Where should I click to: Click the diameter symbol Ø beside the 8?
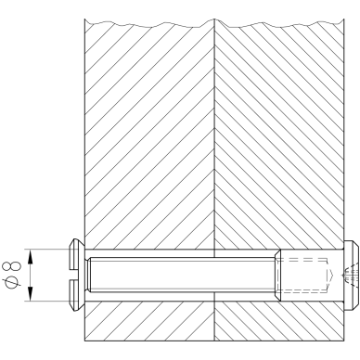click(x=11, y=283)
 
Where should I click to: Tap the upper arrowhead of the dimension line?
click(x=30, y=257)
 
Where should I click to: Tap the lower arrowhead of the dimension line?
click(x=30, y=293)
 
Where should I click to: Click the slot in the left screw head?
click(x=77, y=275)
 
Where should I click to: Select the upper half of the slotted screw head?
click(x=77, y=253)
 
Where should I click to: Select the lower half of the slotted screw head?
click(x=77, y=295)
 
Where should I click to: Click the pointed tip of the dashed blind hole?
click(x=332, y=275)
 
